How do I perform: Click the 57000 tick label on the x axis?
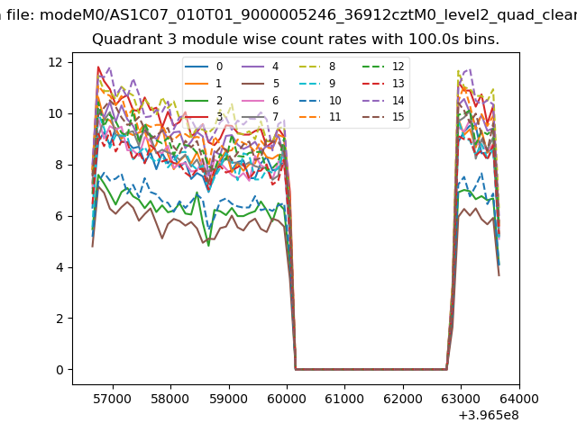(x=112, y=398)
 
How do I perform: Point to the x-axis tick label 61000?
(x=344, y=398)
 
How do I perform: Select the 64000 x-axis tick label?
(x=518, y=398)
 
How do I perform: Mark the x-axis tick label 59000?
(x=228, y=398)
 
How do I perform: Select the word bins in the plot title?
(x=481, y=40)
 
